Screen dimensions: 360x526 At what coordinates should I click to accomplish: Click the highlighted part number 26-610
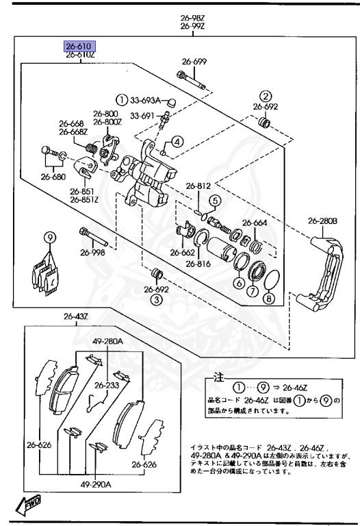[80, 46]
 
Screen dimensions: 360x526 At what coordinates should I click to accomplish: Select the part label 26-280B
[322, 221]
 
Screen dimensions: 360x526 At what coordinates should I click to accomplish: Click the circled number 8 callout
[268, 298]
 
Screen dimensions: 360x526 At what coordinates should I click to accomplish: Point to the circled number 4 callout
[177, 142]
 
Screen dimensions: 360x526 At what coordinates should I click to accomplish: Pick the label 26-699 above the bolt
[194, 62]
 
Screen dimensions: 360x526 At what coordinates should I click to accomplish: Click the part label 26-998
[92, 252]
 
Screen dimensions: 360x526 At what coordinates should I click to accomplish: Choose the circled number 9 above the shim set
[49, 238]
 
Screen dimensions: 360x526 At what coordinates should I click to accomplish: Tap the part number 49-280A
[108, 342]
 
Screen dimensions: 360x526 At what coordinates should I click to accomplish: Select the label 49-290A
[96, 484]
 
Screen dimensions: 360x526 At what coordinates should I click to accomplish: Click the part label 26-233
[107, 385]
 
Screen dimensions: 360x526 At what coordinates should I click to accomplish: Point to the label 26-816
[198, 264]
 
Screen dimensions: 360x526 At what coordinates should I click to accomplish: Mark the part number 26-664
[255, 223]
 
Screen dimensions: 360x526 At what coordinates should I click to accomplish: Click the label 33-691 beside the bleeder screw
[142, 116]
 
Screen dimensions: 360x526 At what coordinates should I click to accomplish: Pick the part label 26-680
[53, 177]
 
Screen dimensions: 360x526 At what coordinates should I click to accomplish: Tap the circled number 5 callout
[215, 201]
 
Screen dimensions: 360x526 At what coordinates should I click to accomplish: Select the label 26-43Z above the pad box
[76, 316]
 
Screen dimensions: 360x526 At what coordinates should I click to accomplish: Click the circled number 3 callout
[156, 299]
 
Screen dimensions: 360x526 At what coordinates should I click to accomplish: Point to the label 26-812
[198, 186]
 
